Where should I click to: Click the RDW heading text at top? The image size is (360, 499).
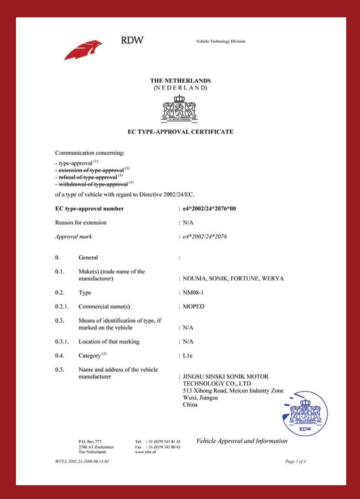pos(132,40)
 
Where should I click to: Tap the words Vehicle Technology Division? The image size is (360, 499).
pos(220,41)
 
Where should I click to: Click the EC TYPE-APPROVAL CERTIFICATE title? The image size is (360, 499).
pos(180,132)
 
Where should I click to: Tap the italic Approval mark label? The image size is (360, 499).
pos(73,237)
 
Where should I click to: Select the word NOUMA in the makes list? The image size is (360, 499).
pos(194,279)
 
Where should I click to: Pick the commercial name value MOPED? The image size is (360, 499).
pos(193,306)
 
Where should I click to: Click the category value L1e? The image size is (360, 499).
pos(189,356)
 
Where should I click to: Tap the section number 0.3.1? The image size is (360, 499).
pos(63,342)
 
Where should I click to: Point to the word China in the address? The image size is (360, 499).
pos(190,405)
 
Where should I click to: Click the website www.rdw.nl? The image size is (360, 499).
pos(145,451)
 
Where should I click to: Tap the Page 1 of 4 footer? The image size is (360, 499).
pos(296,462)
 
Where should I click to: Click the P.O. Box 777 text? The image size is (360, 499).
pos(90,441)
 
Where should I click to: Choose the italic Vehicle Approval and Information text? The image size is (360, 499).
pos(242,441)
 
